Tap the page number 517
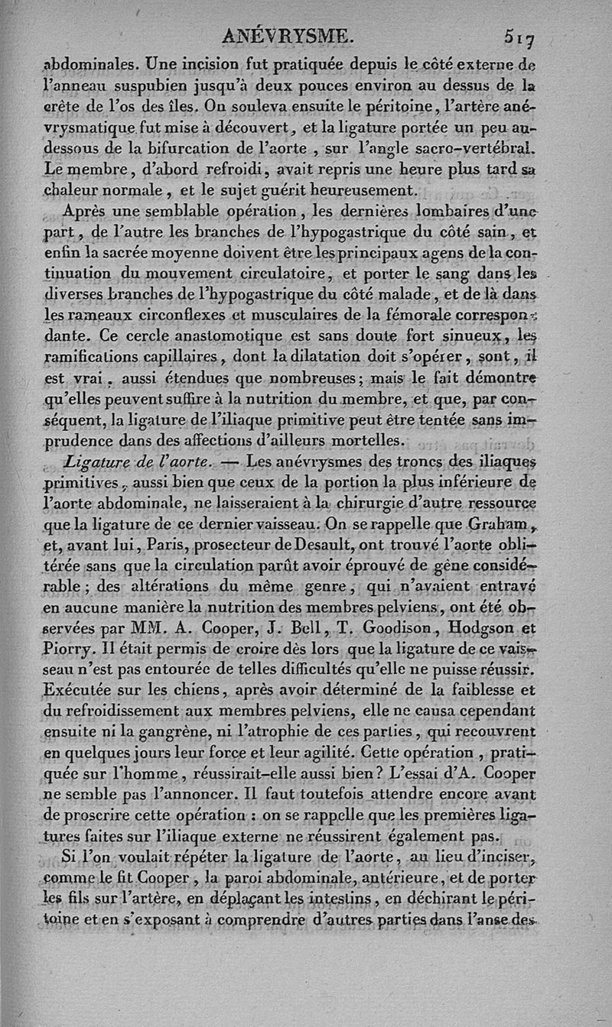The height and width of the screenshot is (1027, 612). click(x=519, y=35)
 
